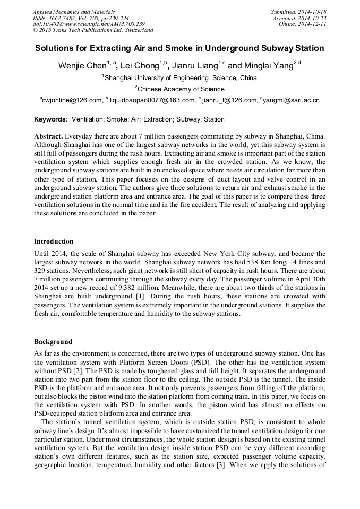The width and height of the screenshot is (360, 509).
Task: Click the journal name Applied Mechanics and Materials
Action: click(x=73, y=12)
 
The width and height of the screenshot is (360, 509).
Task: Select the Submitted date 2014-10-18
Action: click(x=313, y=12)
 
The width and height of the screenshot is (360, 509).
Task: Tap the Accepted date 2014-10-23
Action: click(x=313, y=18)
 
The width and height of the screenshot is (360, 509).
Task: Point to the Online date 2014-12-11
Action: click(x=313, y=24)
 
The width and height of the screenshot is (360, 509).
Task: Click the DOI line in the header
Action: click(x=89, y=24)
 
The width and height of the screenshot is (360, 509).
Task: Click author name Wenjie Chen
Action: click(x=82, y=66)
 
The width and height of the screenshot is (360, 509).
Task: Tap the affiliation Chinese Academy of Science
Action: click(x=181, y=89)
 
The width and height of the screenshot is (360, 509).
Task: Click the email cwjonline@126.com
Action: click(x=72, y=100)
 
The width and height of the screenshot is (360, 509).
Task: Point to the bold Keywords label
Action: click(x=51, y=119)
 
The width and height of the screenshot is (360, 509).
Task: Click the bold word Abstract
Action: click(x=49, y=136)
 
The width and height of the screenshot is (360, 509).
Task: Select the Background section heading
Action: click(x=53, y=341)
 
